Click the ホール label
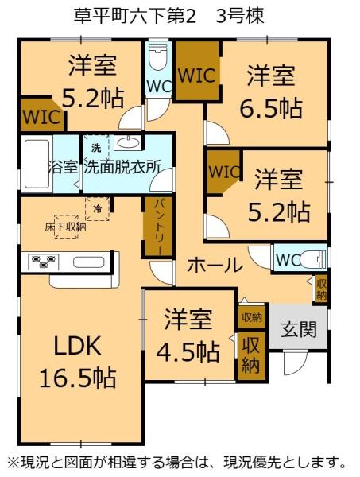click(215, 265)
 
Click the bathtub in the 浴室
click(35, 163)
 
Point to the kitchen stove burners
click(40, 261)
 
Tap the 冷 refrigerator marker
click(97, 208)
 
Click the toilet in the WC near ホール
click(315, 259)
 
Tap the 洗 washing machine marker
click(95, 149)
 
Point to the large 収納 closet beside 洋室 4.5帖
click(250, 355)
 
